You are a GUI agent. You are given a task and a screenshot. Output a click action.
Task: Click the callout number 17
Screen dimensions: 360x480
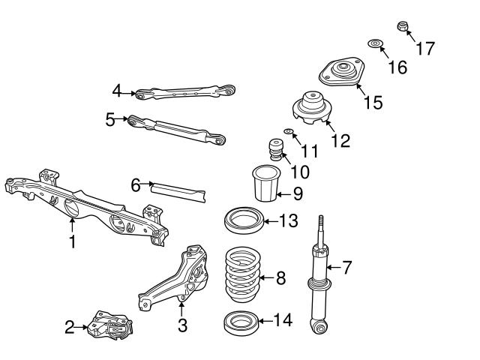pos(424,49)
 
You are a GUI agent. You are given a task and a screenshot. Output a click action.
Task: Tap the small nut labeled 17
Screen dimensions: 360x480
pos(402,26)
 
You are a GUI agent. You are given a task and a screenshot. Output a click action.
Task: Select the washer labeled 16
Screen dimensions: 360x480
pos(375,44)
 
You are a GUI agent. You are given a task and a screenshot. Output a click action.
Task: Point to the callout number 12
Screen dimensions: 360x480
pos(340,140)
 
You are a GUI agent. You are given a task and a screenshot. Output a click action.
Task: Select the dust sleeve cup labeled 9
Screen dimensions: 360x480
pos(263,184)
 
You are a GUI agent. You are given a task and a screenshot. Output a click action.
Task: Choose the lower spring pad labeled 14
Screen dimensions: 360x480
pos(241,324)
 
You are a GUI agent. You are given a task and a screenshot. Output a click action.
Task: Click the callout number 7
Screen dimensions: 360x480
pos(346,266)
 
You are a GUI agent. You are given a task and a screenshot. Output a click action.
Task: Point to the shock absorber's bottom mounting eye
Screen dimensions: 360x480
pos(319,326)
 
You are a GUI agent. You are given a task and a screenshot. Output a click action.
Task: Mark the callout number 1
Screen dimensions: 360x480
pos(72,242)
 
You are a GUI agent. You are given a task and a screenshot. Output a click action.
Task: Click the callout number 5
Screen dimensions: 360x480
pos(110,119)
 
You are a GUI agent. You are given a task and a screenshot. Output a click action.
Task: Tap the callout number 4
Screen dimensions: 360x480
pos(116,91)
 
